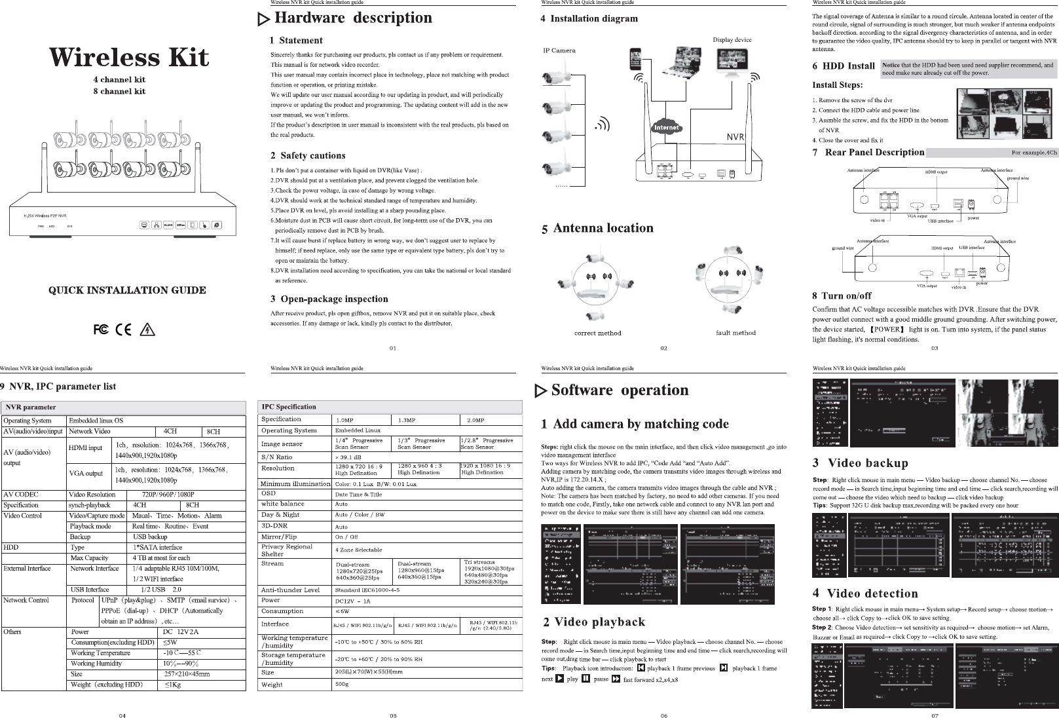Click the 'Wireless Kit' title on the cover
(129, 57)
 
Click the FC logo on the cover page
(101, 329)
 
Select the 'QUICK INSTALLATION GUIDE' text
(128, 290)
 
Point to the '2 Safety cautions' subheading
(308, 156)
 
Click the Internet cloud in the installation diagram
(666, 127)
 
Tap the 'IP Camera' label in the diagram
(559, 50)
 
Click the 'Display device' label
(732, 40)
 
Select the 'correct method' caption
(597, 333)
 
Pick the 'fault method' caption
(735, 333)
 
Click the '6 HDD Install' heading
(844, 66)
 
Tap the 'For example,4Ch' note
(1033, 153)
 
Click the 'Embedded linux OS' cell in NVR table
(96, 421)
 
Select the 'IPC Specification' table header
(289, 407)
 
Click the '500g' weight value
(342, 684)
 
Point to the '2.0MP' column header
(475, 420)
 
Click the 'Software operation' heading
(620, 390)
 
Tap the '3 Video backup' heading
(860, 463)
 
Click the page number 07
(935, 715)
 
